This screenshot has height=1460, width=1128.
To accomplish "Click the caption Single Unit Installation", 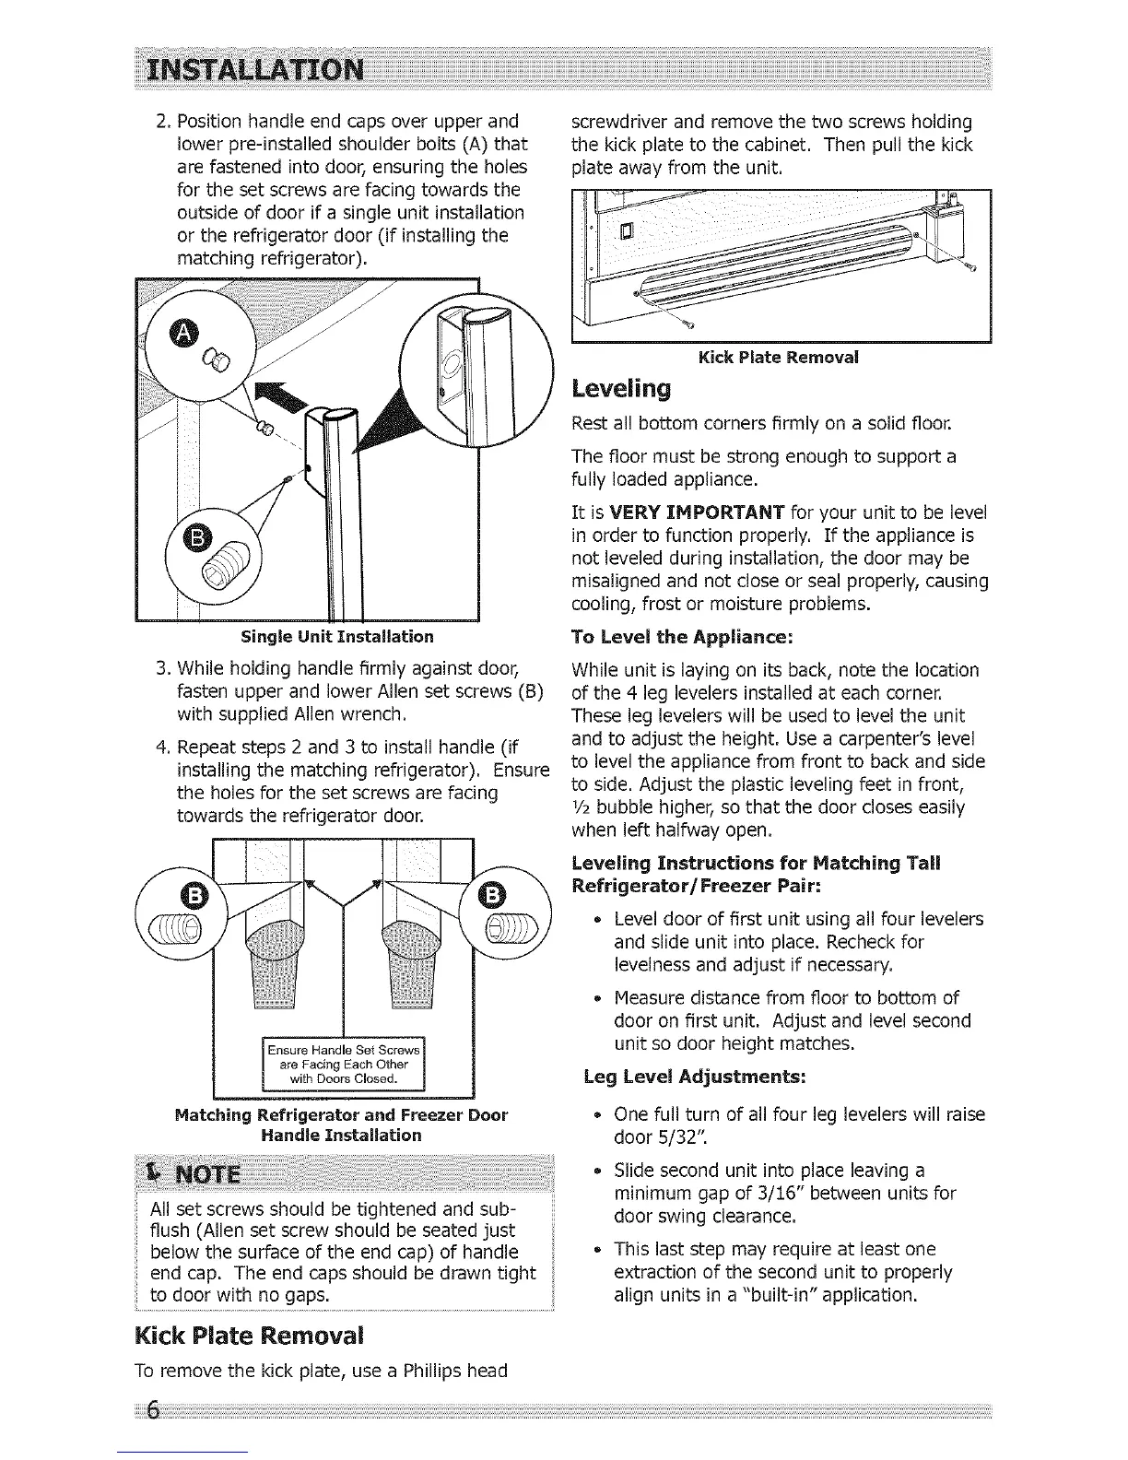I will [336, 636].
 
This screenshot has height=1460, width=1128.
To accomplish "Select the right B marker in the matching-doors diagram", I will [493, 895].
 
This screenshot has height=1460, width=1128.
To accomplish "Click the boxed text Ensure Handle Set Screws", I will [343, 1050].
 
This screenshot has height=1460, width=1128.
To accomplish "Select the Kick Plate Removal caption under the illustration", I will [779, 357].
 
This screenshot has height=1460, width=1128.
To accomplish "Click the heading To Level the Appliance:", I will [682, 637].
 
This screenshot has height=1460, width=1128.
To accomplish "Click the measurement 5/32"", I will [679, 1136].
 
